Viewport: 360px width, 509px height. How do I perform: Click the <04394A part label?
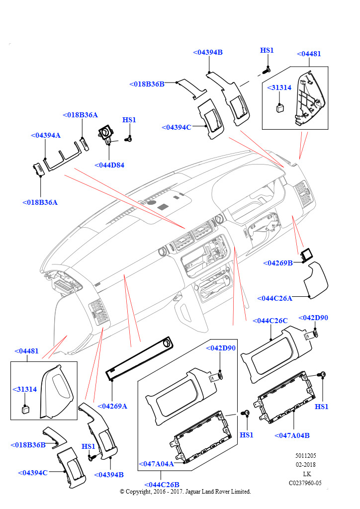(45, 135)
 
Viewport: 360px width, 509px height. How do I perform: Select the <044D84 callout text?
(109, 165)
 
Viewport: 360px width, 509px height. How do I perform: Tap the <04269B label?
(277, 262)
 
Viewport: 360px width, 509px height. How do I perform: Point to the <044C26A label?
(274, 298)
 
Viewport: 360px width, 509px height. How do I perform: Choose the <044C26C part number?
(270, 321)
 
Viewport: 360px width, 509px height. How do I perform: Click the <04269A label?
(112, 406)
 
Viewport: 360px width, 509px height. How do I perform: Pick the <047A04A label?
(156, 464)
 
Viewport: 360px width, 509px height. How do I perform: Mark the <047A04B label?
(292, 435)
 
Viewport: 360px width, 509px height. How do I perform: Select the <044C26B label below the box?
(162, 485)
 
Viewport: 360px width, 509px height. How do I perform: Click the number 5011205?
(305, 455)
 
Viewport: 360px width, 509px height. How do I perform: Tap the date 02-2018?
(305, 464)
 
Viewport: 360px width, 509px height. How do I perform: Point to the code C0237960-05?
(305, 483)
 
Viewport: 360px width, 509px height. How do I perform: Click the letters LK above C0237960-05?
(305, 474)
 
